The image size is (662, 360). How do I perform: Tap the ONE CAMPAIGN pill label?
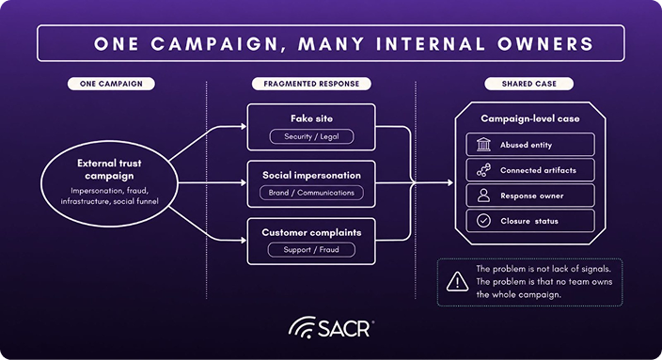coord(112,84)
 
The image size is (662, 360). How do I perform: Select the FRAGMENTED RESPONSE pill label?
coord(311,84)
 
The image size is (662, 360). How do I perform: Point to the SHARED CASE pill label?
coord(529,84)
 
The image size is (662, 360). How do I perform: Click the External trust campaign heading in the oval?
coord(109,169)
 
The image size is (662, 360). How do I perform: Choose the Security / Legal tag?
coord(311,136)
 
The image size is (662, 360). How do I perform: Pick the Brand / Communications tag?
coord(311,193)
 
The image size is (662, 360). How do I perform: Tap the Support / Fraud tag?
coord(311,249)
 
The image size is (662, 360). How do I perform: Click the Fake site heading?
coord(311,118)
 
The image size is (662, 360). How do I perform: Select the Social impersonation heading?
coord(311,175)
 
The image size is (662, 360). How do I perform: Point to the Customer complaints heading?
coord(311,232)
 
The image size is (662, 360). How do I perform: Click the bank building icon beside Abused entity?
coord(483,145)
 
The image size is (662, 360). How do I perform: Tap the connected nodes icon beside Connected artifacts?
coord(483,170)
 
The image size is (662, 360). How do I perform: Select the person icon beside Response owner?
coord(483,196)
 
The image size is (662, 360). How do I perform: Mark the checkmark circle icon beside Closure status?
coord(483,221)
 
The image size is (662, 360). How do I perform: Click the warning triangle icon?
coord(457,281)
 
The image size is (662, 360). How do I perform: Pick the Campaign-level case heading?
coord(530,118)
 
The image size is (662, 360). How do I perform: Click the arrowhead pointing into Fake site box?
coord(244,126)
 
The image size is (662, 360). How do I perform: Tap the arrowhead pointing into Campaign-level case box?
coord(450,182)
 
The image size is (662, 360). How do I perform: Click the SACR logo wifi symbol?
coord(302,327)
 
